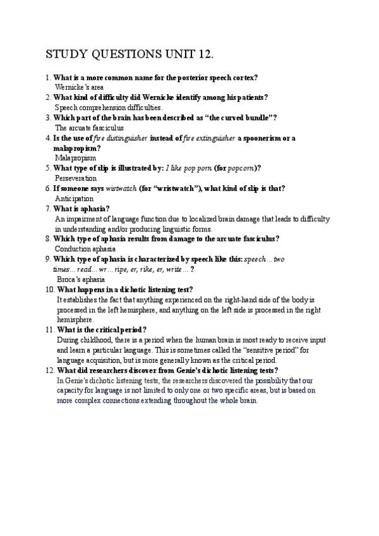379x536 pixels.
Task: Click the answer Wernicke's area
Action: [x=80, y=87]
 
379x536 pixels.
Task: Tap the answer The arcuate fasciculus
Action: [x=90, y=128]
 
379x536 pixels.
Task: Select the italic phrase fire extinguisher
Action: [x=210, y=138]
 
